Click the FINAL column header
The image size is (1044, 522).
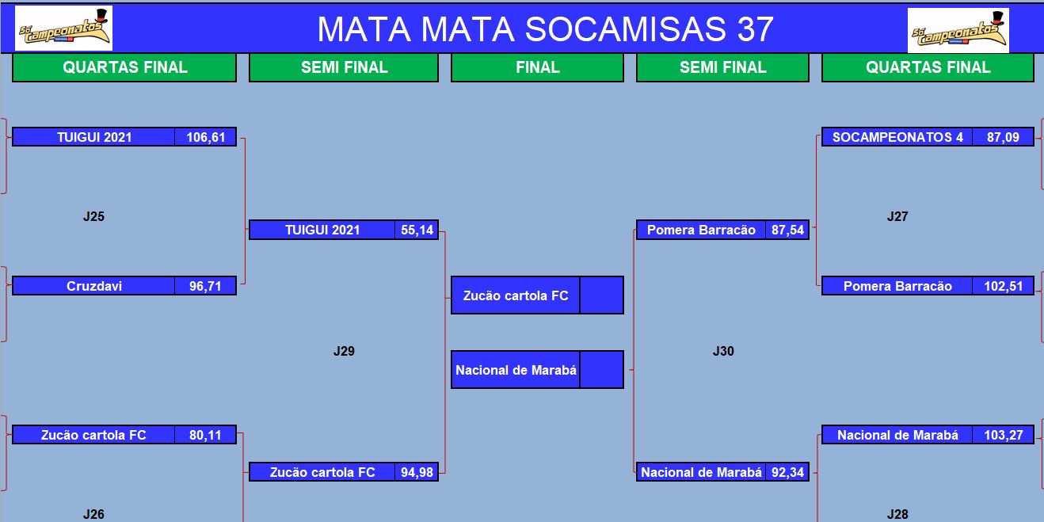click(537, 67)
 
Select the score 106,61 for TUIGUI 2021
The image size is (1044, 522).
click(205, 137)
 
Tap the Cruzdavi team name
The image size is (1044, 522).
click(94, 286)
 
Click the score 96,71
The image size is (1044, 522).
click(205, 286)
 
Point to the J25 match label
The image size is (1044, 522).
click(93, 216)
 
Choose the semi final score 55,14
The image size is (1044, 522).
click(417, 230)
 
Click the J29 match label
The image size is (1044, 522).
click(344, 351)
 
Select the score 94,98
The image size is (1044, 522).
click(417, 472)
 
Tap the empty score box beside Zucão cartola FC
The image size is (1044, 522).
click(602, 295)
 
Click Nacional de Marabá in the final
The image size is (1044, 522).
click(516, 370)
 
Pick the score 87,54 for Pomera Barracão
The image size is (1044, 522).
click(787, 230)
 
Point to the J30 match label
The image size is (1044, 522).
click(723, 351)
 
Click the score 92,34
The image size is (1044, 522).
click(787, 472)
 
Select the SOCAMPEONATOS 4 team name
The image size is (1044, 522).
click(897, 137)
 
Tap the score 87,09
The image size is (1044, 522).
click(1003, 137)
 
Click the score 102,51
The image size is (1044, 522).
click(1003, 286)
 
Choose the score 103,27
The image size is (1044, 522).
click(1003, 435)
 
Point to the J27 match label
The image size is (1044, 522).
click(897, 216)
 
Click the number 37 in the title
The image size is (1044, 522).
click(756, 29)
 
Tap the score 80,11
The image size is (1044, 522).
click(205, 435)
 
